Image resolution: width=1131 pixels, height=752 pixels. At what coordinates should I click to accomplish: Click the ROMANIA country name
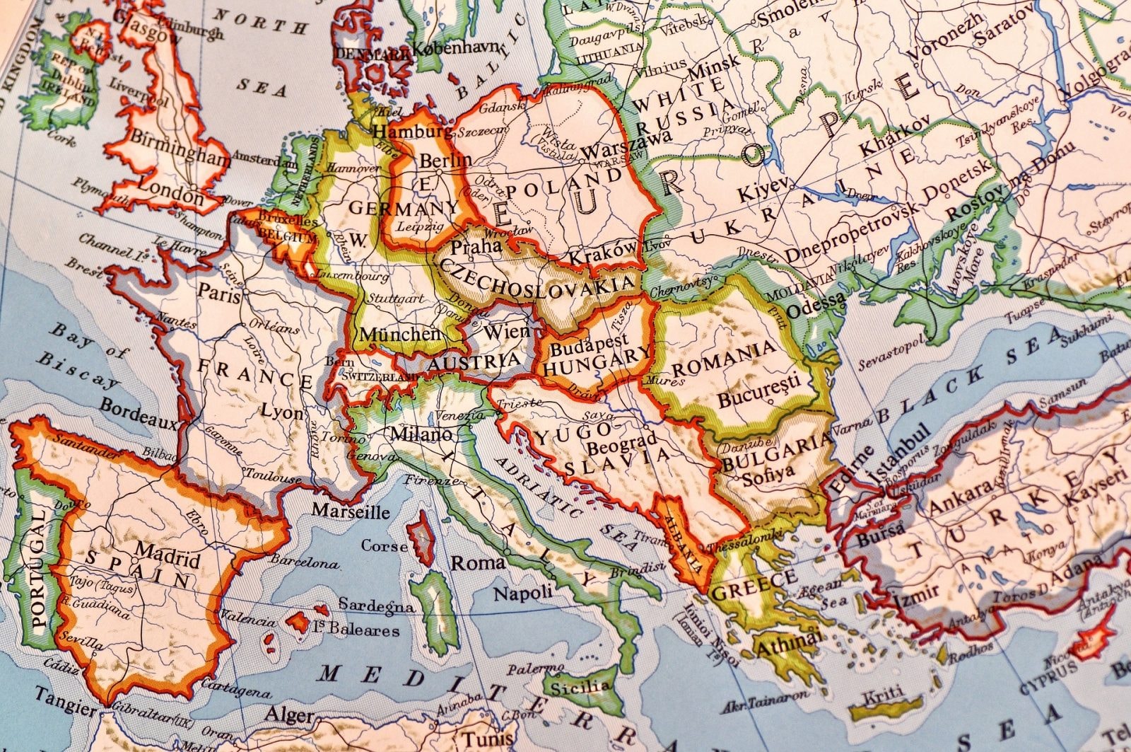click(x=723, y=361)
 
